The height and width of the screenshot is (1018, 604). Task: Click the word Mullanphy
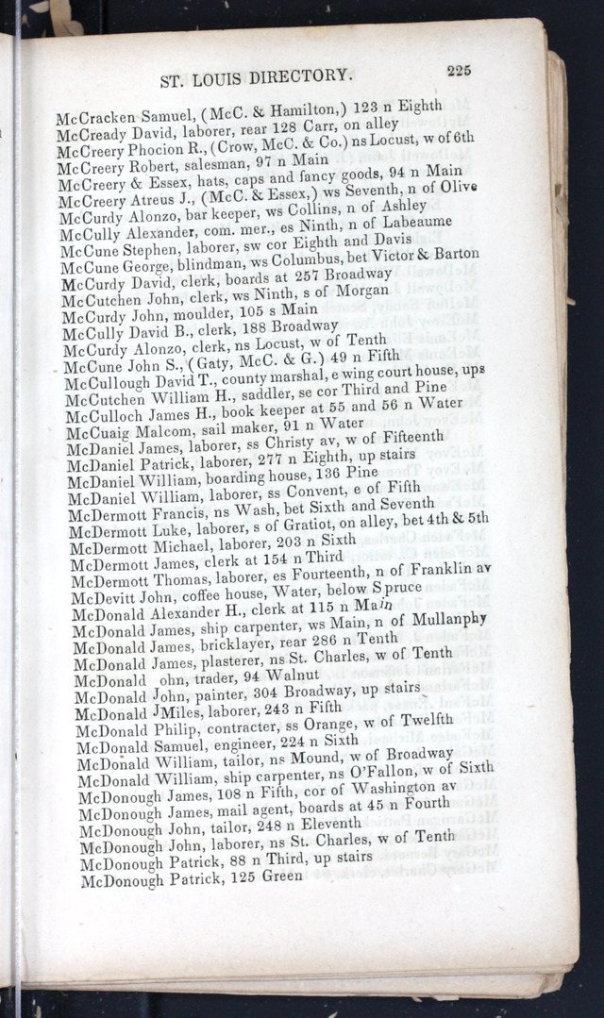tap(444, 620)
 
